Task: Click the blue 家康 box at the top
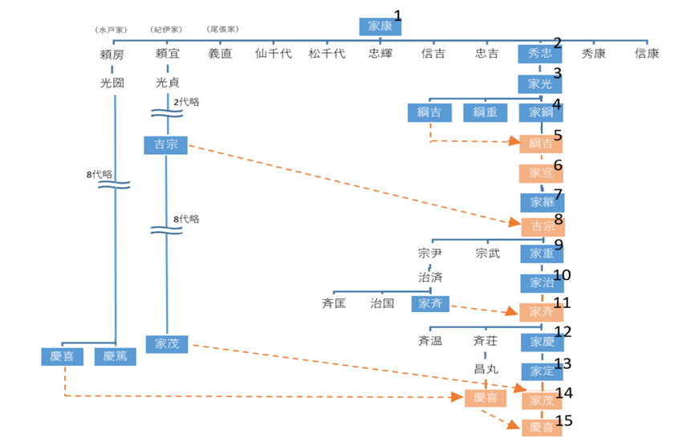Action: pyautogui.click(x=380, y=26)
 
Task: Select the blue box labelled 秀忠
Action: pyautogui.click(x=540, y=54)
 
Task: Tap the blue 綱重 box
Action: pyautogui.click(x=485, y=112)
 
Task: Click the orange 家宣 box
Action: pyautogui.click(x=540, y=173)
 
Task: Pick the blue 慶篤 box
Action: pyautogui.click(x=115, y=356)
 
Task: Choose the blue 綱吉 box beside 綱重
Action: pyautogui.click(x=429, y=112)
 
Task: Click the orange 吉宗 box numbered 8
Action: pyautogui.click(x=543, y=226)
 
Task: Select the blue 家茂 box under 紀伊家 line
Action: pyautogui.click(x=167, y=343)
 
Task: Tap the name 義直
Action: pyautogui.click(x=220, y=55)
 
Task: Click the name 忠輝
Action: pyautogui.click(x=380, y=55)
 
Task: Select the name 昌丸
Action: pyautogui.click(x=486, y=369)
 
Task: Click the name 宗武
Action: pyautogui.click(x=486, y=253)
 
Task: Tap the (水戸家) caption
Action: pyautogui.click(x=111, y=30)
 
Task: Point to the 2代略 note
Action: pyautogui.click(x=186, y=102)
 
